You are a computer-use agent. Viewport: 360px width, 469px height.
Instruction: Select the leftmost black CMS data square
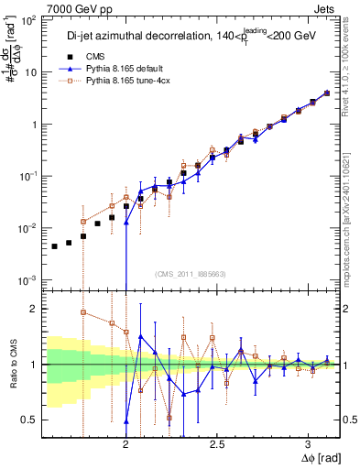point(54,246)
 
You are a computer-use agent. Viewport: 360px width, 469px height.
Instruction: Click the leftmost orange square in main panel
point(83,222)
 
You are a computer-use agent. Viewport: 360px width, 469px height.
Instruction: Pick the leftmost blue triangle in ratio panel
point(125,421)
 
